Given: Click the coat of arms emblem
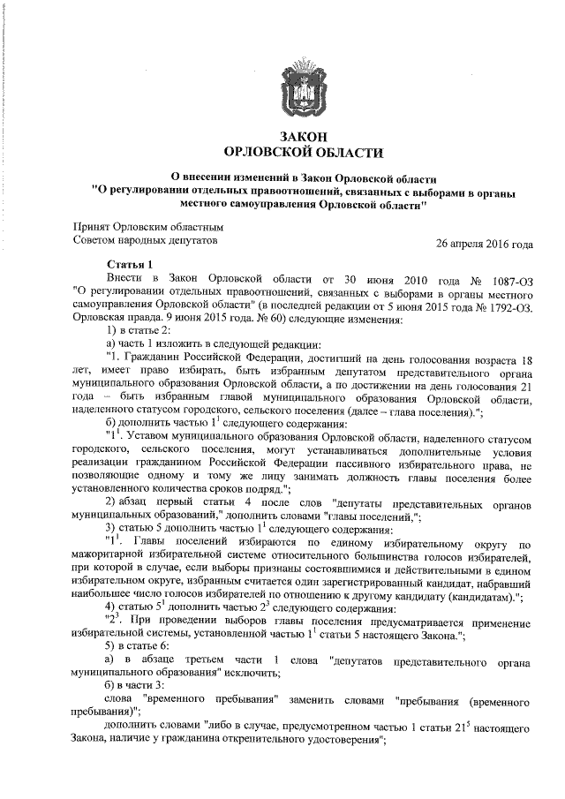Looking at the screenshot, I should [302, 85].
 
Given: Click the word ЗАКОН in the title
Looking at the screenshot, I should [303, 135].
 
